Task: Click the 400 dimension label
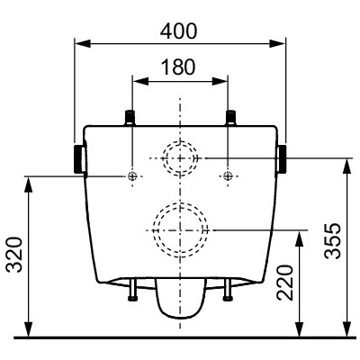click(x=178, y=31)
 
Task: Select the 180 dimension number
click(x=178, y=67)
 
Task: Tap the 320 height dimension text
click(x=15, y=255)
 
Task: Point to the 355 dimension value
click(x=333, y=241)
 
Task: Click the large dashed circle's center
click(x=180, y=230)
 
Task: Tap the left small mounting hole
click(x=132, y=176)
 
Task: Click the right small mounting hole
click(x=228, y=176)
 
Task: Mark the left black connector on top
click(x=130, y=118)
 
